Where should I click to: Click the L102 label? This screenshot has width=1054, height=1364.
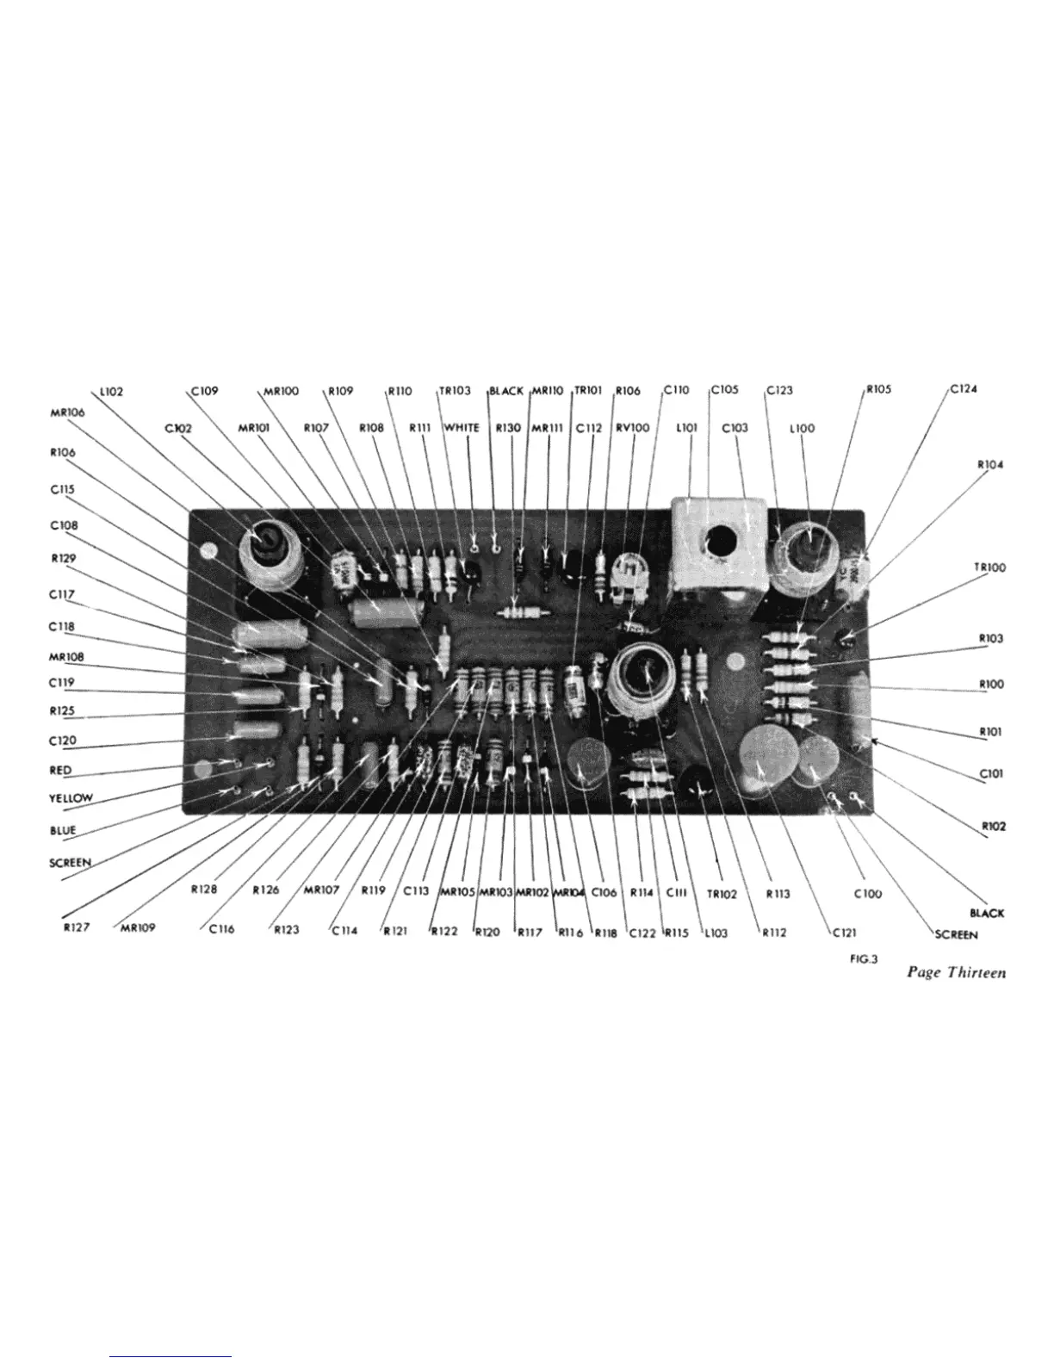(x=111, y=391)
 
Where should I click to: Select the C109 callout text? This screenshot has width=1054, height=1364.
(x=206, y=390)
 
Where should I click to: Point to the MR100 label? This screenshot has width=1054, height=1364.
(x=281, y=390)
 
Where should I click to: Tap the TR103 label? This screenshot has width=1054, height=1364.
(x=455, y=390)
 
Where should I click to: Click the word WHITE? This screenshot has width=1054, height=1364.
(x=462, y=427)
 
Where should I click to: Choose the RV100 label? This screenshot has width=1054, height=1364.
(x=633, y=427)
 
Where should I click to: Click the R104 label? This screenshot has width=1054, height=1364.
(x=990, y=464)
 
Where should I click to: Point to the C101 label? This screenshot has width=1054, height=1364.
(x=990, y=773)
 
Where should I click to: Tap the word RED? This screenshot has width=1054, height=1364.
(x=61, y=770)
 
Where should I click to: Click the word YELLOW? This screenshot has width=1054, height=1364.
(x=71, y=798)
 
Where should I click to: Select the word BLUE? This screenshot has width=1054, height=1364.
(x=63, y=830)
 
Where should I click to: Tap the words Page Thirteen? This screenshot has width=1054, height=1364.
(x=956, y=973)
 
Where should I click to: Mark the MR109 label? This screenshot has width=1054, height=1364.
(x=134, y=929)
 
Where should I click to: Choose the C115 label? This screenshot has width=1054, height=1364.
(x=63, y=488)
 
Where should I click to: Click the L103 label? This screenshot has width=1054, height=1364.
(x=716, y=932)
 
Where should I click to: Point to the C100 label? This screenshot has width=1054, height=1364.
(x=867, y=894)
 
